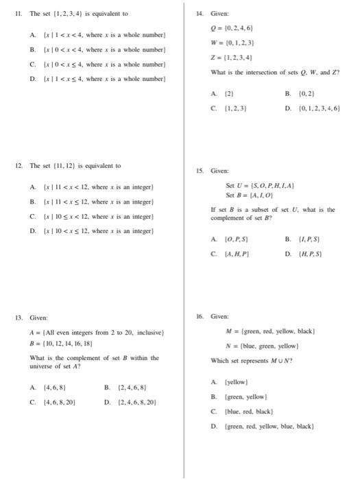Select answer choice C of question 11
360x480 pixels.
pos(95,63)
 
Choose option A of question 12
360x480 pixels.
pos(94,187)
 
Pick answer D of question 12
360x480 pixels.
pos(94,231)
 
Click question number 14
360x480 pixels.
pos(200,14)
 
